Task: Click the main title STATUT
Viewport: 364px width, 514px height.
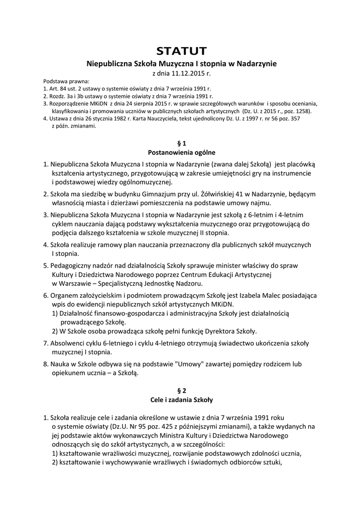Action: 182,51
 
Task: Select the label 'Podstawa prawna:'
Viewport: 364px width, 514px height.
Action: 66,81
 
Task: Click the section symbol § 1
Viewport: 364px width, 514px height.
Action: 182,143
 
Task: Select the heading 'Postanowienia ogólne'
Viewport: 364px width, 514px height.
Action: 182,152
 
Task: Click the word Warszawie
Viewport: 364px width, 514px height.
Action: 74,284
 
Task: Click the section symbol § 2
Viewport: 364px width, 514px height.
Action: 182,391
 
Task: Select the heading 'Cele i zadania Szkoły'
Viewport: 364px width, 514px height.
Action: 182,400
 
